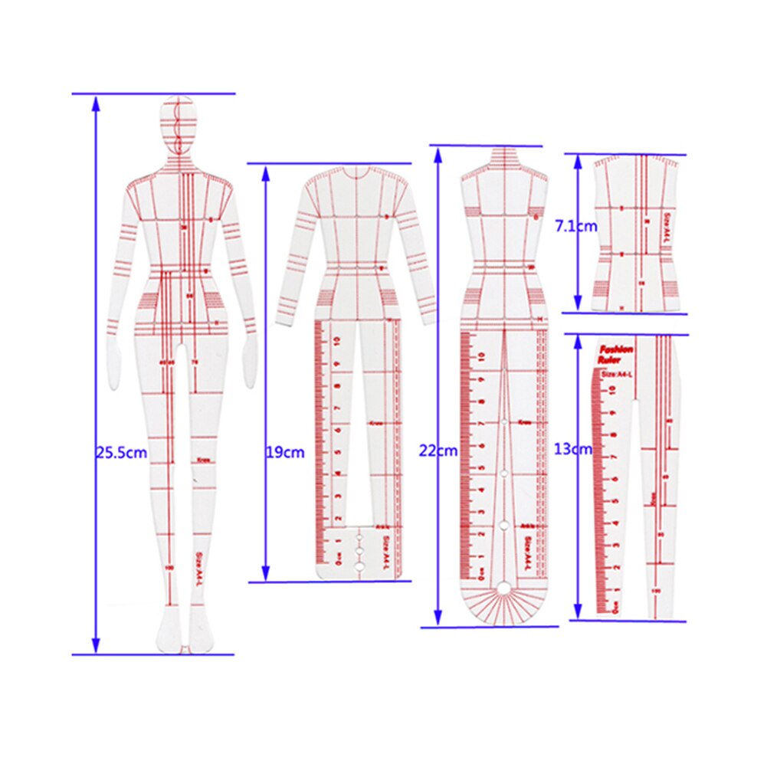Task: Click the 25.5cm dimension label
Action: (121, 452)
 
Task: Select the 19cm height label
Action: (284, 452)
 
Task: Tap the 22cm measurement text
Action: (438, 451)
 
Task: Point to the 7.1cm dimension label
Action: (575, 227)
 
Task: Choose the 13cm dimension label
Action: (573, 449)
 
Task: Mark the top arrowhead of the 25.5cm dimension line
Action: (96, 103)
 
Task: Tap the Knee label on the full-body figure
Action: (204, 460)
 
